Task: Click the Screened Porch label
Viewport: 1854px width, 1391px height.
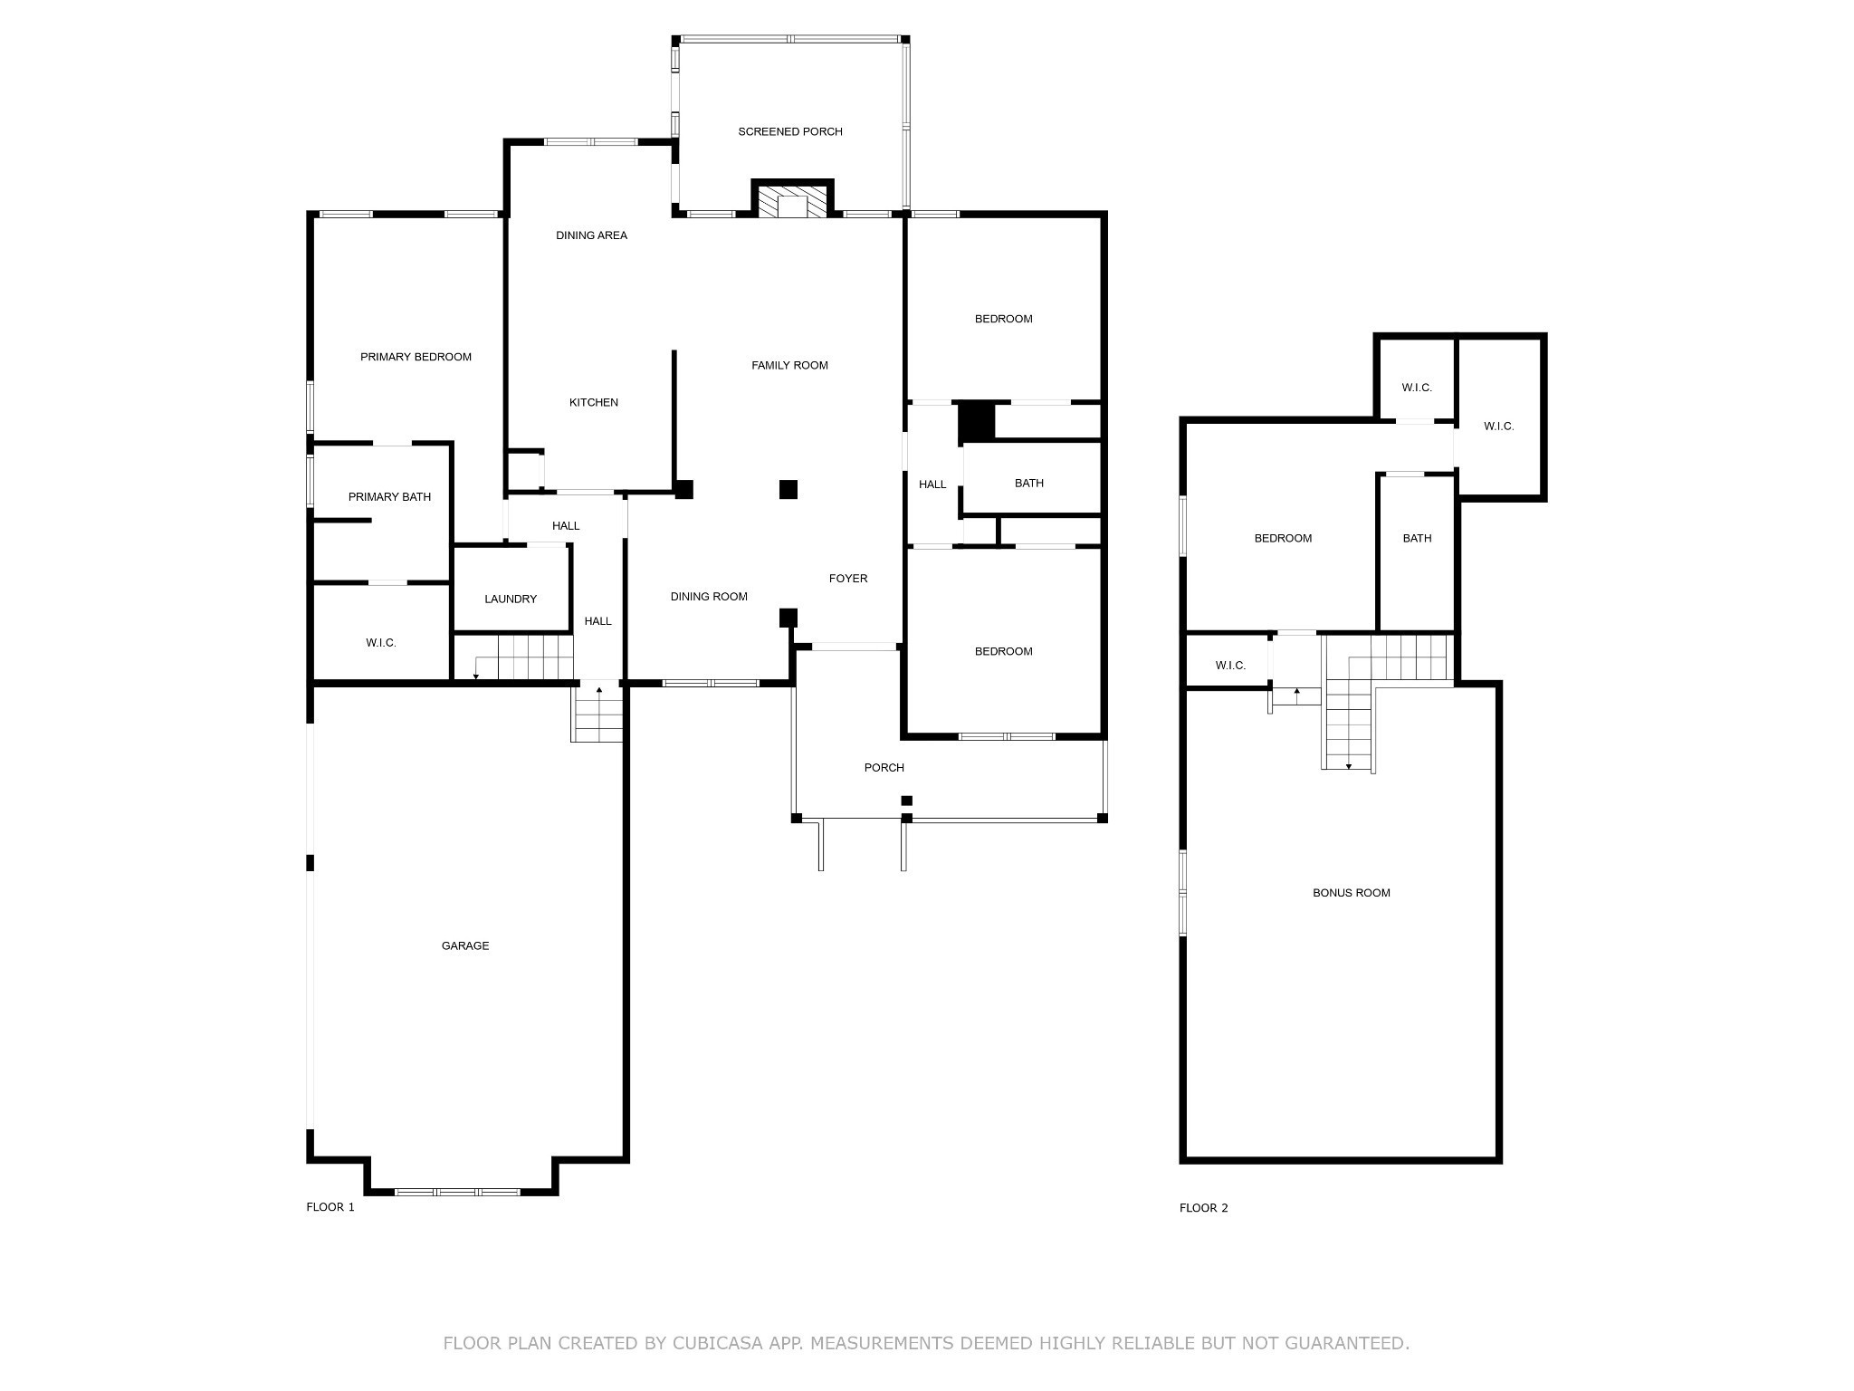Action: click(790, 131)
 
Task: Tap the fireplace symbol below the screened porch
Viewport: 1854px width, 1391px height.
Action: click(792, 201)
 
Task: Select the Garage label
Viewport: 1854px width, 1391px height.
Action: click(465, 945)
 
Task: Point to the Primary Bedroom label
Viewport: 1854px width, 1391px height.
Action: click(416, 357)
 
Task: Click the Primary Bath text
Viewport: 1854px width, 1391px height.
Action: click(389, 496)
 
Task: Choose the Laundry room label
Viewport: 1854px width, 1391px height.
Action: click(511, 599)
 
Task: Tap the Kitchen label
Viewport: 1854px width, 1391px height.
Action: click(594, 402)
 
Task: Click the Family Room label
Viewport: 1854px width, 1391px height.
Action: click(789, 365)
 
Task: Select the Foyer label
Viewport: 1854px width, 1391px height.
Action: click(848, 578)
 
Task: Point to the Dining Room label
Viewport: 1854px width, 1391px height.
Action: click(709, 596)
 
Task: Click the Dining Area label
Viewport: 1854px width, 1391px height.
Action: click(591, 235)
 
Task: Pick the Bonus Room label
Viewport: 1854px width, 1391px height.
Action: click(1352, 892)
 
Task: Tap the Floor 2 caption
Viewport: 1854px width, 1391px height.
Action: click(1204, 1207)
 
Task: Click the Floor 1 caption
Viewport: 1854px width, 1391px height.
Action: click(330, 1206)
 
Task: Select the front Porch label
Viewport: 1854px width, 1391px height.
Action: click(884, 767)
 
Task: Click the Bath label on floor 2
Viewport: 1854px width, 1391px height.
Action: click(1417, 538)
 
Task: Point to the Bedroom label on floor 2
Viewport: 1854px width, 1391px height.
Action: click(1283, 538)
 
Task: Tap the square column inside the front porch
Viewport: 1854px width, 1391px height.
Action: click(906, 801)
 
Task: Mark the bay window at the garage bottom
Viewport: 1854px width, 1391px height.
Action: click(458, 1192)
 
